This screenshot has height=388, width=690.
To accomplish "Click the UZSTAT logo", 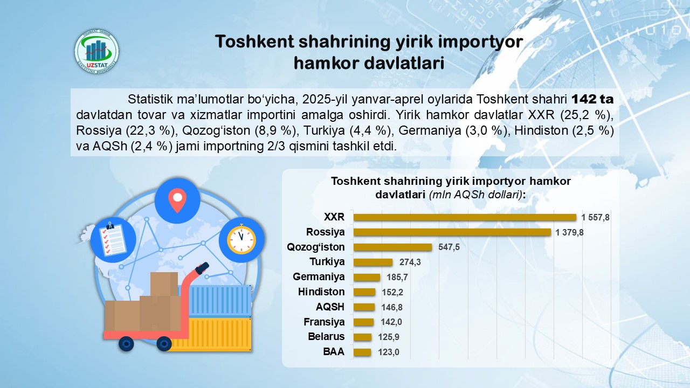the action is coord(96,51).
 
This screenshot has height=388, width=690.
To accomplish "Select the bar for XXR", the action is coord(465,217).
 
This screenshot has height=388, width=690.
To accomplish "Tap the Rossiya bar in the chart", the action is coord(452,232).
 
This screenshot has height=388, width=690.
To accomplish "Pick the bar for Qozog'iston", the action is coord(392,247).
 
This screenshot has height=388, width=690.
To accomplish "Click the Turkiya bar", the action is coord(373,262).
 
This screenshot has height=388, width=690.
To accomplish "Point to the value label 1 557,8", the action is coord(595,217).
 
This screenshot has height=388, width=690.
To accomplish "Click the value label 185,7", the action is coord(397,277).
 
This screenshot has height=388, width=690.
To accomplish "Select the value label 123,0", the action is coord(389,352).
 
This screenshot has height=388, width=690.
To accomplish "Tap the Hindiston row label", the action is coord(321,292).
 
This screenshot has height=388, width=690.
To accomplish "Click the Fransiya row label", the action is coord(324,322).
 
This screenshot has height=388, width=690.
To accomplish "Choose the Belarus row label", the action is coord(326,336).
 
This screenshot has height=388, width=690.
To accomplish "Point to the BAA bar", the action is coord(362,352).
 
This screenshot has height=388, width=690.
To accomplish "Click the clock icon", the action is coord(241,240).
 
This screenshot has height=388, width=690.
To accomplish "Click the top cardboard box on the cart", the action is coord(164,284).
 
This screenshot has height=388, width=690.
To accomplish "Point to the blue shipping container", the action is coord(220,301).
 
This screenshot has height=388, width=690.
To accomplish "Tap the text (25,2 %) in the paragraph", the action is coord(587,115).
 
